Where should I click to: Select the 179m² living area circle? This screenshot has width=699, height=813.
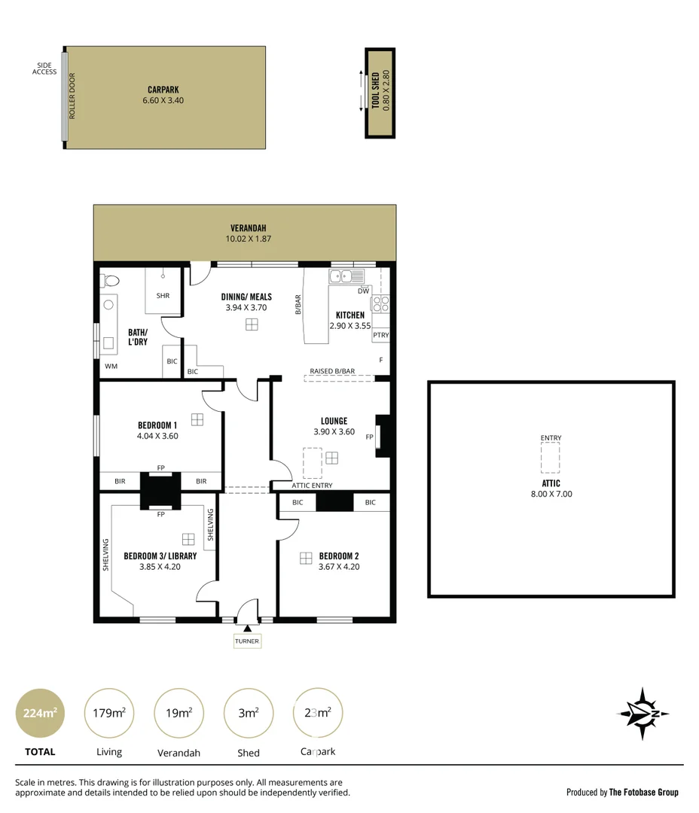(108, 713)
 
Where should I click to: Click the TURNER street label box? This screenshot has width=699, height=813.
(247, 641)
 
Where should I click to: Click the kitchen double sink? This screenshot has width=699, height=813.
(347, 276)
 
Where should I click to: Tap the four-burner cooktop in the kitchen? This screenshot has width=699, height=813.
(380, 304)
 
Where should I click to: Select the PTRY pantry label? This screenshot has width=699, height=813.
(381, 335)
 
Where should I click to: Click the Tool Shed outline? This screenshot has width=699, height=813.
(380, 93)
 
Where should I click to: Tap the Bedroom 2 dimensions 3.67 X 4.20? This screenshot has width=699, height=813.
(338, 567)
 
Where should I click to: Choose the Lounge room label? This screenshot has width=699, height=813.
(334, 422)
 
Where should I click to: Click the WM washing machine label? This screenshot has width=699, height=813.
(111, 367)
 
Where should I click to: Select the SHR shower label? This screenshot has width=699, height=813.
(163, 296)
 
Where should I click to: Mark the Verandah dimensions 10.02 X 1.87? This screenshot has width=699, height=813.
(248, 239)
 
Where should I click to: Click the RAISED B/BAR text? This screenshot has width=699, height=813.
(332, 371)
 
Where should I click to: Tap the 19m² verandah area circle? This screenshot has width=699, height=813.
(178, 713)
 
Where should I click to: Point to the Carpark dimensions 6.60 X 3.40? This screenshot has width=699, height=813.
(163, 100)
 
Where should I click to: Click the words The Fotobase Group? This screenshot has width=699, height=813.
(643, 792)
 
